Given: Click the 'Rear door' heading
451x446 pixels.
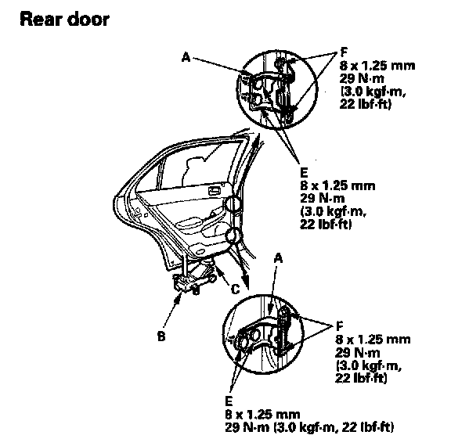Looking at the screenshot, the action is (x=65, y=20).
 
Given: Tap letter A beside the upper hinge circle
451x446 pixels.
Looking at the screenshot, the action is (x=186, y=58).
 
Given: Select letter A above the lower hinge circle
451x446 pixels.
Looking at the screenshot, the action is (x=278, y=259).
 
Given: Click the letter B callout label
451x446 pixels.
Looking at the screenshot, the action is (x=161, y=336).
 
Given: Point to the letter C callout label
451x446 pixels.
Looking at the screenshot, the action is (x=235, y=289).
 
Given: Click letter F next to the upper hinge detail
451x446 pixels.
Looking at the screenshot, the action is (x=344, y=52).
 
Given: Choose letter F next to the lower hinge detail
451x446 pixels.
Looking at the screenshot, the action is (x=340, y=326).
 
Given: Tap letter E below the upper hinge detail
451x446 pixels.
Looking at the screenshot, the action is (x=304, y=173).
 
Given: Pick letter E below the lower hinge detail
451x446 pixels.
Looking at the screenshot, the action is (x=229, y=401).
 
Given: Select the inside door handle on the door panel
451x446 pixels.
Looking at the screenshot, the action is (x=215, y=190).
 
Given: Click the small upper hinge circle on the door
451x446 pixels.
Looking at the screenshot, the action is (x=232, y=204).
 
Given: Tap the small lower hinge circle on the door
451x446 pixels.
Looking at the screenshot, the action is (x=233, y=236).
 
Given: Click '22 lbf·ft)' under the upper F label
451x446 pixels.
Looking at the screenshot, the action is (x=366, y=104).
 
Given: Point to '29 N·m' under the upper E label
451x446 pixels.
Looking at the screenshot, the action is (x=323, y=198).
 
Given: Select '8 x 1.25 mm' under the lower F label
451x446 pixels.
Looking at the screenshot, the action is (x=373, y=340).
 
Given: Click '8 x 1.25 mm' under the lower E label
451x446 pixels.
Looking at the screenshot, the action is (x=262, y=415).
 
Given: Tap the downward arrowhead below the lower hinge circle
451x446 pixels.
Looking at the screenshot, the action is (x=245, y=282).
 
